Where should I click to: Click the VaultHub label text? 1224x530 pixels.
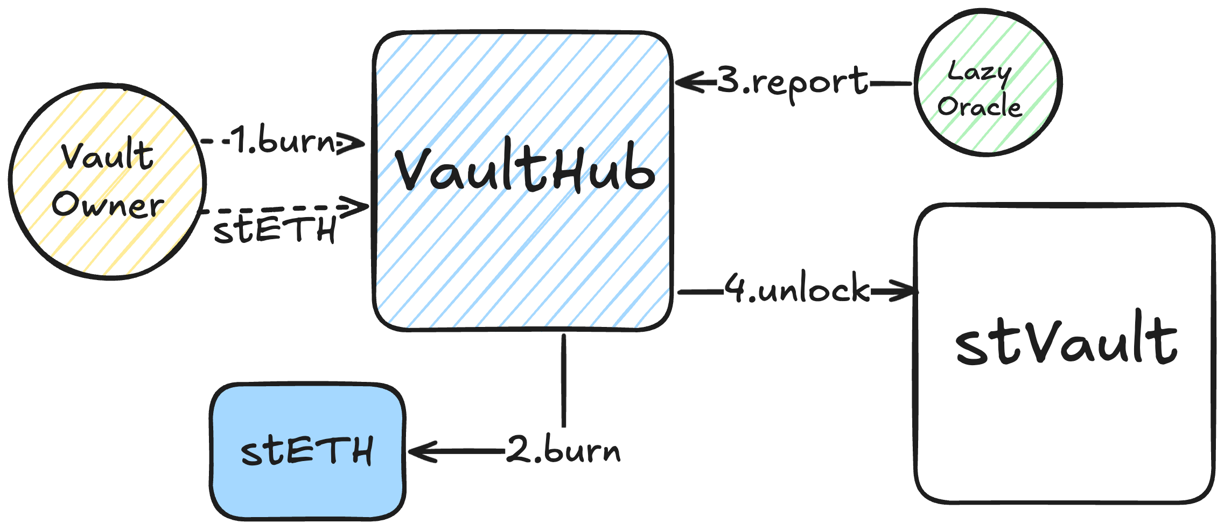pos(525,170)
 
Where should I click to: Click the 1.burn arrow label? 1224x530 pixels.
pos(283,141)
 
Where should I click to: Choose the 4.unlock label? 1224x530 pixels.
pos(797,290)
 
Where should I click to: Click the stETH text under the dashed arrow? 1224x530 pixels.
pos(275,229)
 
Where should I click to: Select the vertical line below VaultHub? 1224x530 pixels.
pos(564,380)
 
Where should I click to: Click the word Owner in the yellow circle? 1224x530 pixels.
pos(108,205)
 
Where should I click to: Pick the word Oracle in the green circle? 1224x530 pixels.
pos(979,106)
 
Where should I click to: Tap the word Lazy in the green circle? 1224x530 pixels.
pos(979,73)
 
